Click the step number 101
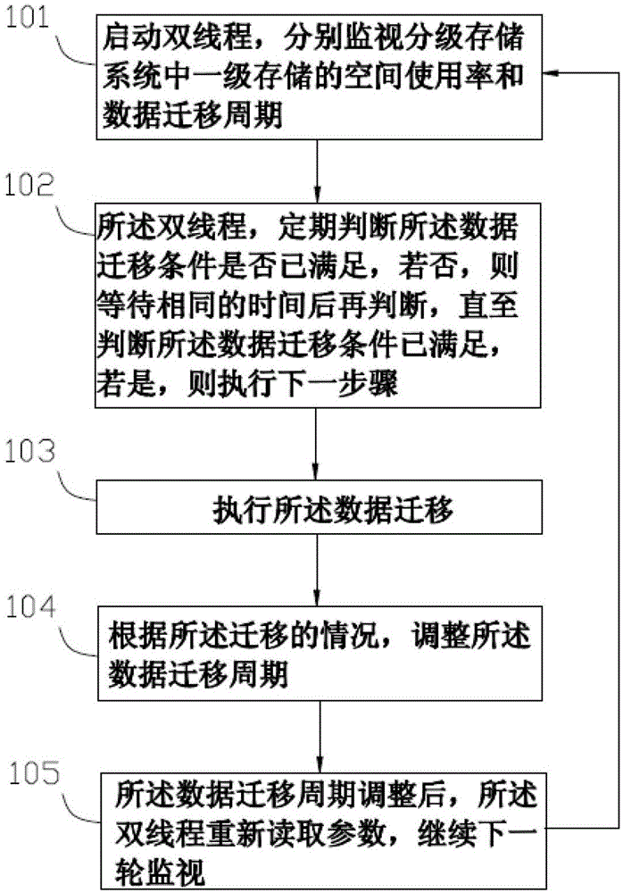tap(28, 18)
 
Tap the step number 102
tap(29, 186)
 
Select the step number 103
tap(29, 451)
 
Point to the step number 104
tap(30, 607)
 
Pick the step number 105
tap(34, 773)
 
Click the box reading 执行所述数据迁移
tap(319, 507)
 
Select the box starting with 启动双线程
tap(319, 77)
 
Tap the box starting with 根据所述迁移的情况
tap(320, 654)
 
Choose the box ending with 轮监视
tap(323, 830)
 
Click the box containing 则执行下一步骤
tap(318, 305)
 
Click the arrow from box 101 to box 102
tap(317, 171)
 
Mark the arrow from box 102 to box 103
tap(315, 444)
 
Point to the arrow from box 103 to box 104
tap(317, 570)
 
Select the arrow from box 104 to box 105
tap(320, 737)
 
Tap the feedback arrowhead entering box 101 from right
tap(550, 73)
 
